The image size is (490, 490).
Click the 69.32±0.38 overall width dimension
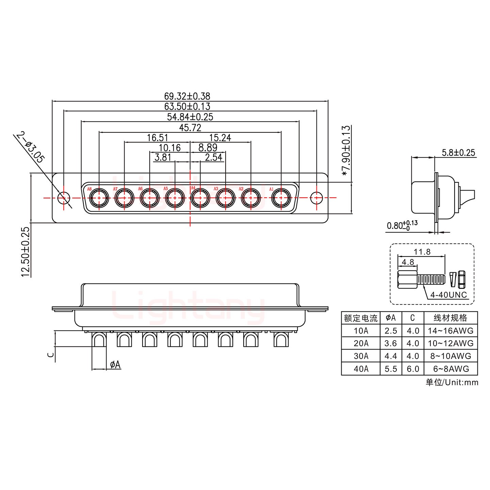click(190, 96)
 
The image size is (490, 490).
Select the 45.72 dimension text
click(190, 128)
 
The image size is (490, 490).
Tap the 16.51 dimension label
click(158, 138)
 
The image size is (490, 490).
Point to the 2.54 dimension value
click(213, 157)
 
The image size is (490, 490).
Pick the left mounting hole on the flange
click(63, 197)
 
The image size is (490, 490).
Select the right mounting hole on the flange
click(317, 197)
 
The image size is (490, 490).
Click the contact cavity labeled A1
click(281, 197)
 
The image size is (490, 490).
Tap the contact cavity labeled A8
click(99, 197)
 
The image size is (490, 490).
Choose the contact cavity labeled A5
click(175, 197)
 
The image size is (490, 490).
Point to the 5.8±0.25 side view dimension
click(458, 152)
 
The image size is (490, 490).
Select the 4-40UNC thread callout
click(448, 295)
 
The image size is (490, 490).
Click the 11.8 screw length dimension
click(422, 252)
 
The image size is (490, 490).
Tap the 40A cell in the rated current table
click(360, 369)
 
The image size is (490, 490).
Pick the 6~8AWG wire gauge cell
click(451, 369)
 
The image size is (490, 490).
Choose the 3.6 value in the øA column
click(391, 343)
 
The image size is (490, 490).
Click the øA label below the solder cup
click(115, 365)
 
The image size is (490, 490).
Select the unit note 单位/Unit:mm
click(452, 382)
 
